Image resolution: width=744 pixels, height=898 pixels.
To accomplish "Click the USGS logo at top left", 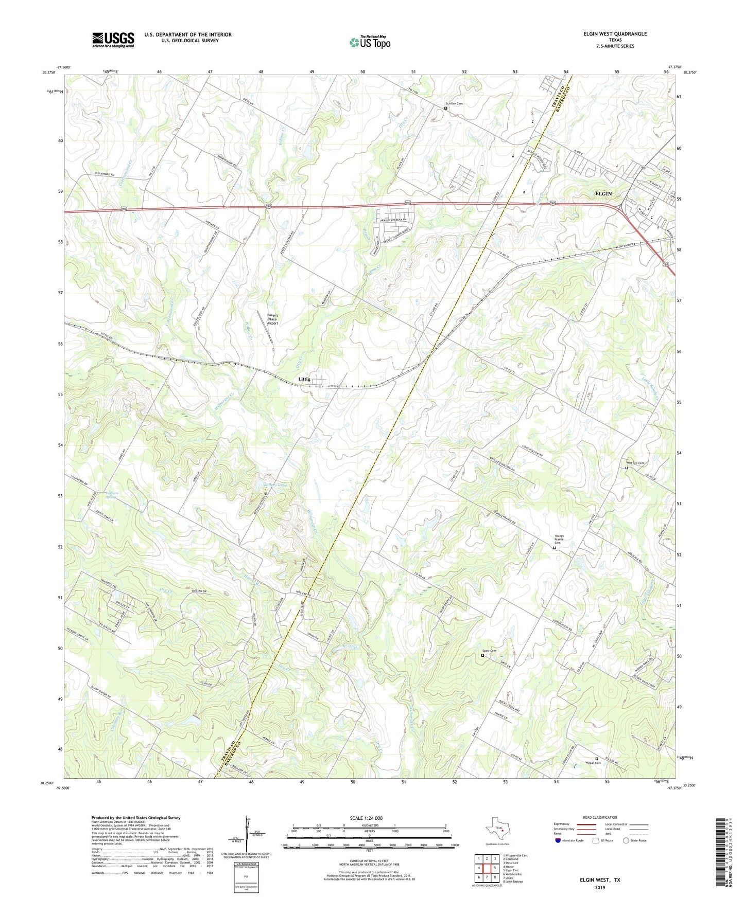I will (x=113, y=40).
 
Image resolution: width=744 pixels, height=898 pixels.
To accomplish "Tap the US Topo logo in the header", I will (x=369, y=42).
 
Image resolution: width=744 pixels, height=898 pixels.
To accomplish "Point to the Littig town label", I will (x=304, y=379).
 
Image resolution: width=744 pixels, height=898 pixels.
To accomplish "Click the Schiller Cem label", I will (x=455, y=103).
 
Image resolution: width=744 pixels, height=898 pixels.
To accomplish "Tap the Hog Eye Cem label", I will (x=635, y=463).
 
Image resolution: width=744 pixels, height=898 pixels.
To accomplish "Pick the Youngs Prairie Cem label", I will (x=559, y=540).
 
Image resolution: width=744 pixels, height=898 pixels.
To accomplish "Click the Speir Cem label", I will (x=490, y=651).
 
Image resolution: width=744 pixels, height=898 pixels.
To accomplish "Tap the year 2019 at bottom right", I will (x=600, y=888).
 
